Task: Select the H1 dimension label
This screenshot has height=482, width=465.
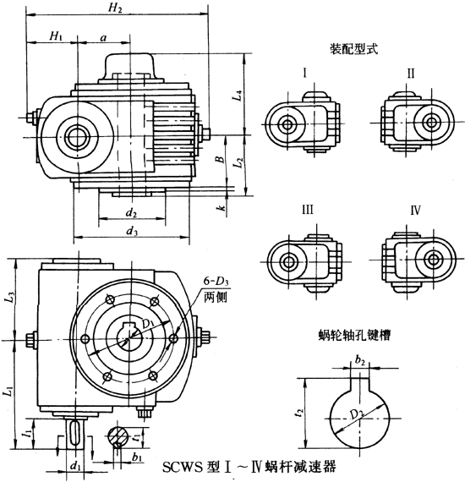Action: tap(55, 36)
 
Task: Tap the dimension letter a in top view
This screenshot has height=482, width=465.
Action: tap(103, 37)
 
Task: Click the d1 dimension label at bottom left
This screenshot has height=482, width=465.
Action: tap(75, 464)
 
